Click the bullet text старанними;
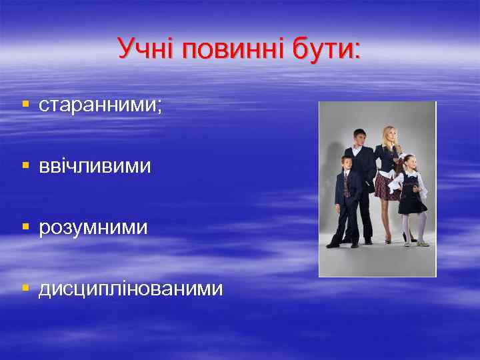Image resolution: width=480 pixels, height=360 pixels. point(100,105)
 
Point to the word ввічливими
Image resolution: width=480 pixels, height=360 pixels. point(95,166)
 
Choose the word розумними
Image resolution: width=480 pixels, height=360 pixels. point(93,228)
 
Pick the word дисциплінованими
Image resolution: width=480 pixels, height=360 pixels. point(131,289)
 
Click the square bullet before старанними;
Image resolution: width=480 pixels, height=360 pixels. point(25,105)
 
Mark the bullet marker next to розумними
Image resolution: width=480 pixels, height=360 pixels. point(25,227)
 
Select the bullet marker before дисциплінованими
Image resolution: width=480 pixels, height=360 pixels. point(25,289)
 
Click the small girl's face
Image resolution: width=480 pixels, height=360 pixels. point(409,162)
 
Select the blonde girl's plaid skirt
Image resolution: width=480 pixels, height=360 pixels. point(385,185)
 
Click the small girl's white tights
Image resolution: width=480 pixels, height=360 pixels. point(413,227)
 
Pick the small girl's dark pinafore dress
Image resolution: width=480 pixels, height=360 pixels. point(412,197)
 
